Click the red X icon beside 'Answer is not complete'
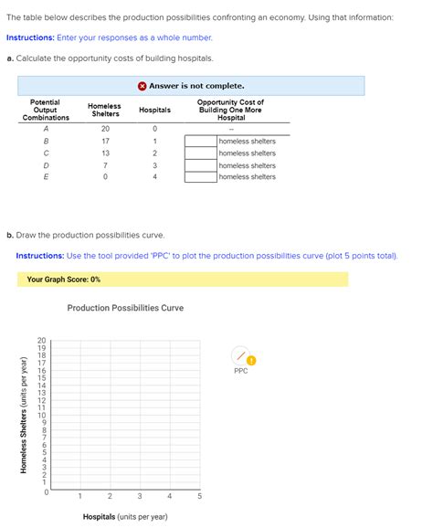coord(143,86)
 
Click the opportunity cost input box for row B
coord(201,142)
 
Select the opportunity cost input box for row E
coord(201,177)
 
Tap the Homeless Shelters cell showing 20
coord(105,129)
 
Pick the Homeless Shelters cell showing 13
coord(105,153)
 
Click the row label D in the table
coord(46,165)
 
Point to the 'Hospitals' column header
coord(154,111)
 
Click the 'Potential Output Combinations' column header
coord(46,111)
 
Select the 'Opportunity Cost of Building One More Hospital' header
coord(230,111)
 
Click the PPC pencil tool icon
coord(239,354)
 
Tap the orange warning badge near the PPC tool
coord(251,359)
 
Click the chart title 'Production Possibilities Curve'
coord(125,308)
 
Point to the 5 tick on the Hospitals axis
coord(199,496)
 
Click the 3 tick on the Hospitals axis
coord(140,496)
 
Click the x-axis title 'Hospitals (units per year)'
coord(125,517)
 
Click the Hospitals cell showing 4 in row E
coord(154,177)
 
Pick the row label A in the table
coord(46,129)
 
